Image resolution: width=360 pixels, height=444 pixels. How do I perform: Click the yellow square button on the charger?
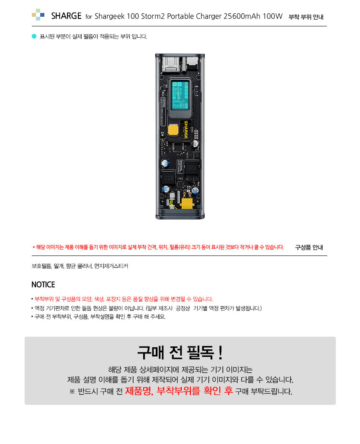click(x=173, y=130)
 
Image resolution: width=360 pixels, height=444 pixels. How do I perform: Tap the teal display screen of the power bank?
click(x=180, y=95)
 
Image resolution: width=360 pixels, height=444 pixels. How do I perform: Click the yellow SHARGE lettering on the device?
click(x=186, y=130)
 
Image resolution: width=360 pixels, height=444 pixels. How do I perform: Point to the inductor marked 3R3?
click(x=192, y=168)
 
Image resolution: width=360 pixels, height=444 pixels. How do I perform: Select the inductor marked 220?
click(x=169, y=178)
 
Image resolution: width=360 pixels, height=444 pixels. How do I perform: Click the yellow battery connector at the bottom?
click(x=187, y=203)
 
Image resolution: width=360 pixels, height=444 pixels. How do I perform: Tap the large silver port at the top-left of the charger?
click(x=171, y=64)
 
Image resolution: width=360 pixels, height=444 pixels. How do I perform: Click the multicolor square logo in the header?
click(x=38, y=14)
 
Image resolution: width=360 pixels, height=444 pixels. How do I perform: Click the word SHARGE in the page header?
click(x=66, y=16)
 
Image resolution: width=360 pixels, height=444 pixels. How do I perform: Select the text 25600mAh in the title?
click(x=242, y=16)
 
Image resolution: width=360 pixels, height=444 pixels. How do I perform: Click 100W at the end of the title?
click(x=273, y=16)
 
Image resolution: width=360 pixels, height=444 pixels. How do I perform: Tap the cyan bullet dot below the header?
click(x=34, y=36)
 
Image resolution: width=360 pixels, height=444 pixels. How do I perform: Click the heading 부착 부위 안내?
click(x=306, y=17)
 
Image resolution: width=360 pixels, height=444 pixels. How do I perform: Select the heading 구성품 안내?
click(x=309, y=248)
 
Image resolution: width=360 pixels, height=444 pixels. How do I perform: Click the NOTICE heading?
click(x=43, y=284)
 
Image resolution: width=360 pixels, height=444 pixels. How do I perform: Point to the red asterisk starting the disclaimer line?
click(x=33, y=248)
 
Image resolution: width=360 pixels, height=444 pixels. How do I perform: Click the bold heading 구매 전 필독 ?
click(x=180, y=353)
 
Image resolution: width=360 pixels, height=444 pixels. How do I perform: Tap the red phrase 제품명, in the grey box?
click(x=139, y=391)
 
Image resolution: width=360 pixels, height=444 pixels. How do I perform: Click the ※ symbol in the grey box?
click(x=72, y=392)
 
